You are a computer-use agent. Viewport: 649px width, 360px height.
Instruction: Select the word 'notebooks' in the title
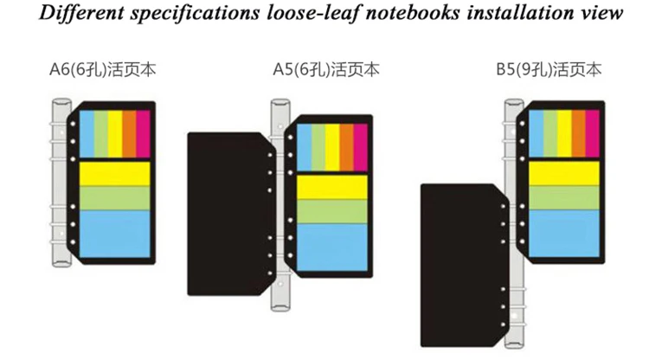pyautogui.click(x=413, y=12)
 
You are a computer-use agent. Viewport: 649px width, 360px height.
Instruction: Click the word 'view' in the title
pyautogui.click(x=601, y=12)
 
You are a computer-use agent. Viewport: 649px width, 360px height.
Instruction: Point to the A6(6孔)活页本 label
pyautogui.click(x=103, y=69)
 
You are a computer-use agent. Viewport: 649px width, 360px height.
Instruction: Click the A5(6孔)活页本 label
pyautogui.click(x=326, y=69)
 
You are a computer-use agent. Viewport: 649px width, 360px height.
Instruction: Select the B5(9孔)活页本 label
pyautogui.click(x=549, y=69)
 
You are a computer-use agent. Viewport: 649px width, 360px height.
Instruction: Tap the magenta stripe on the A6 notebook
pyautogui.click(x=143, y=133)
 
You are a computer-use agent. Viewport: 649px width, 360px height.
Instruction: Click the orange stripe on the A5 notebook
pyautogui.click(x=347, y=147)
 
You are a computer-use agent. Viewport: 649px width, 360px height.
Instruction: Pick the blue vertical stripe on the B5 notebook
pyautogui.click(x=536, y=133)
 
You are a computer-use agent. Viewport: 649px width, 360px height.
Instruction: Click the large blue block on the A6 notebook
pyautogui.click(x=114, y=235)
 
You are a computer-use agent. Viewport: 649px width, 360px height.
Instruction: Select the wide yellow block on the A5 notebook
pyautogui.click(x=332, y=188)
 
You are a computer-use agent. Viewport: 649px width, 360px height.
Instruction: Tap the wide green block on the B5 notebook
pyautogui.click(x=563, y=198)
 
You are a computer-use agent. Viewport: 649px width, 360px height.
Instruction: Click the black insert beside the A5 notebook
pyautogui.click(x=229, y=214)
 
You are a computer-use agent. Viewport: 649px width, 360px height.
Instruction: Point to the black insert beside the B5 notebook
pyautogui.click(x=464, y=266)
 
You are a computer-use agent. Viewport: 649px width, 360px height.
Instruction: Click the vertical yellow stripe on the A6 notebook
pyautogui.click(x=115, y=133)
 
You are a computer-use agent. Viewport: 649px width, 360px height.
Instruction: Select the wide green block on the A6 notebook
pyautogui.click(x=114, y=198)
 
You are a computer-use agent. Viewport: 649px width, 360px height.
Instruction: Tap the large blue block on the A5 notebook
pyautogui.click(x=332, y=247)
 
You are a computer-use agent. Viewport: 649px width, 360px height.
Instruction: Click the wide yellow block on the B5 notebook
pyautogui.click(x=563, y=173)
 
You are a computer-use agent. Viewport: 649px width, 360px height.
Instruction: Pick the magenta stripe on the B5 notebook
pyautogui.click(x=592, y=133)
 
